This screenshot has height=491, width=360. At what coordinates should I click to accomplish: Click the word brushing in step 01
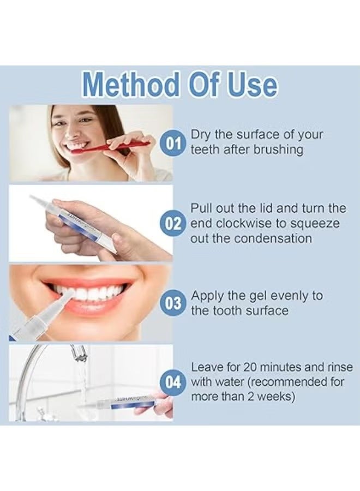click(x=278, y=150)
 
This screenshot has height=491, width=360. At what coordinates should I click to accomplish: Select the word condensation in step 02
click(x=273, y=238)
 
